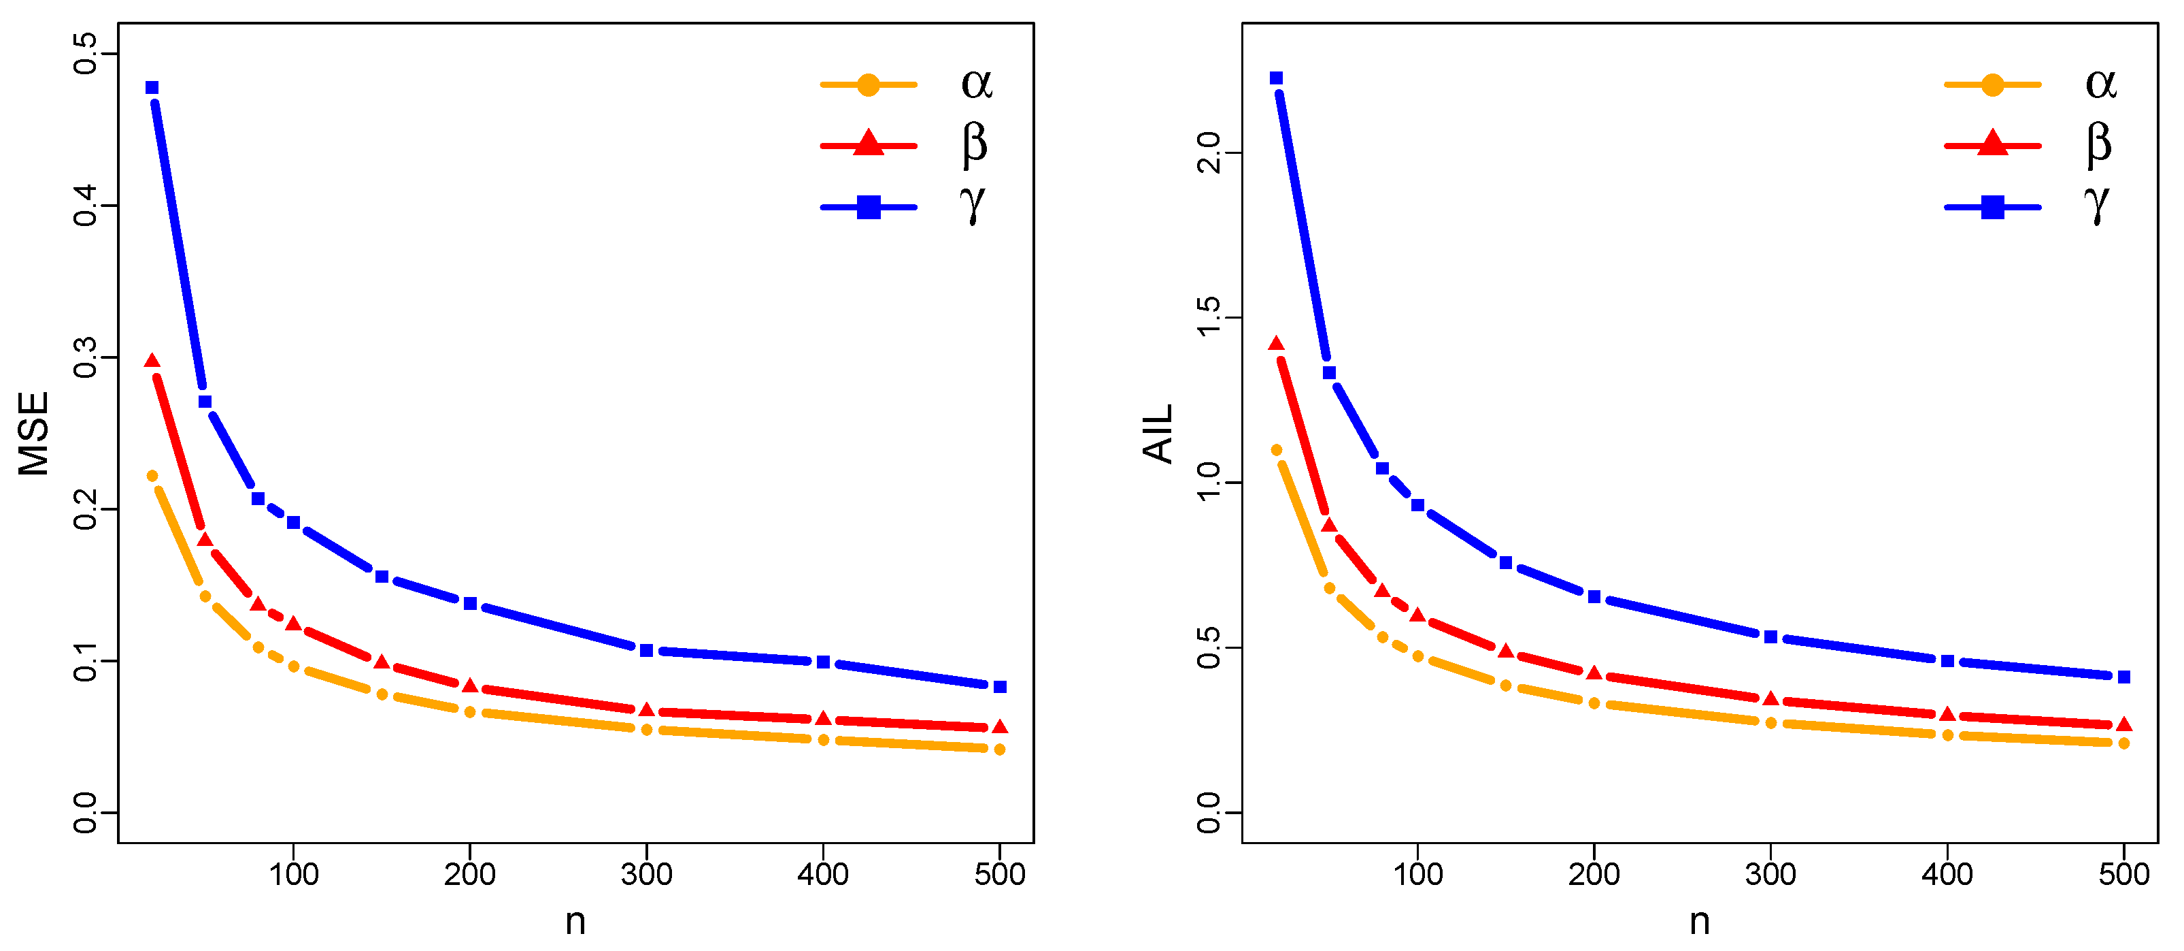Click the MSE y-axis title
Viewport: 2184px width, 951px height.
(x=33, y=434)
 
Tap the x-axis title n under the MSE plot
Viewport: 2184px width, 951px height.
(x=575, y=921)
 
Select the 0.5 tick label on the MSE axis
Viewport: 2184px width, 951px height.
(x=86, y=54)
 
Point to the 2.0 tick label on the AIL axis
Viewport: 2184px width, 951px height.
(x=1208, y=152)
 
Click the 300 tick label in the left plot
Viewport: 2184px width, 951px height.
(x=646, y=874)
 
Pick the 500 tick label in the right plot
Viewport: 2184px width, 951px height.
(x=2123, y=874)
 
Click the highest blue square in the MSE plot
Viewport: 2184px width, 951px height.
(x=152, y=87)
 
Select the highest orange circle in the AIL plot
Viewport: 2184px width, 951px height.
(x=1276, y=451)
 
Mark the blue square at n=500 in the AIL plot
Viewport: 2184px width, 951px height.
(x=2123, y=677)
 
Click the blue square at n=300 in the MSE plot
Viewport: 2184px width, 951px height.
(x=646, y=651)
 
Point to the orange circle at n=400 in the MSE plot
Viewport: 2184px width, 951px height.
(x=823, y=740)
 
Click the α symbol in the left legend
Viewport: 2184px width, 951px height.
(x=977, y=84)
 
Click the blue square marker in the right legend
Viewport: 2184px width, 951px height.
(x=1992, y=207)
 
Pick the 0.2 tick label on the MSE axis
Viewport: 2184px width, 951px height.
(x=86, y=509)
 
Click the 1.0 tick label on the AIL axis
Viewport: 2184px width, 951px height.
(x=1208, y=482)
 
